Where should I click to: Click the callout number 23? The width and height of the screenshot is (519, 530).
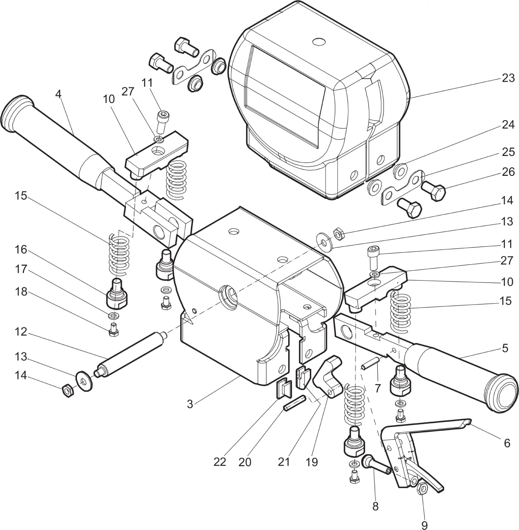tap(508, 78)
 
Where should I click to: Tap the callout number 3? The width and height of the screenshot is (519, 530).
tap(190, 404)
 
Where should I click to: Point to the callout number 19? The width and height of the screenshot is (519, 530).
tap(312, 462)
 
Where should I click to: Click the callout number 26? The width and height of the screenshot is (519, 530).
tap(508, 172)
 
